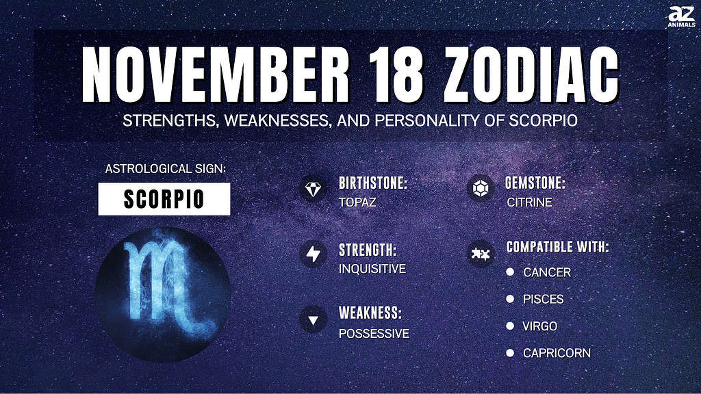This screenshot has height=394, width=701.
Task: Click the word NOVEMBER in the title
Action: coord(216,74)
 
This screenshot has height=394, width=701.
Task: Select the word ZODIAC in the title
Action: coord(531,74)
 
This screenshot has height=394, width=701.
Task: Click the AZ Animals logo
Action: coord(681,17)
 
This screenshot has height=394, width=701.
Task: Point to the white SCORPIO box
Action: coord(164,199)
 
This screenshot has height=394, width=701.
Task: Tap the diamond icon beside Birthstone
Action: coord(313,189)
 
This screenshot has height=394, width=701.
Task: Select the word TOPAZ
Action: coord(357,202)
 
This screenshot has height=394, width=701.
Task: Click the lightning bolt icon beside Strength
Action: coord(313,254)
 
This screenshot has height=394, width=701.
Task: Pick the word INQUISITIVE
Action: coord(372,268)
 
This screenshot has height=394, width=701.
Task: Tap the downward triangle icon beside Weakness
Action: coord(313,320)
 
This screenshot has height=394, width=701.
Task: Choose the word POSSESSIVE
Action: coord(374,334)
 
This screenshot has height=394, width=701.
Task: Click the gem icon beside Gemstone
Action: coord(481,189)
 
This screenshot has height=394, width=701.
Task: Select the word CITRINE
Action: coord(529,202)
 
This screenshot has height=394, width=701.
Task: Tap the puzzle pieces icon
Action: coord(481,254)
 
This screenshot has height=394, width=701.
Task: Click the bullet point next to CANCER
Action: coord(510,272)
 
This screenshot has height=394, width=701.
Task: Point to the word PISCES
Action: coord(543,299)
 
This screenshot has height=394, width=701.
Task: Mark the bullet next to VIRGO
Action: coord(510,326)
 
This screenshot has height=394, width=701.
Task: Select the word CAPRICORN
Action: coord(557,353)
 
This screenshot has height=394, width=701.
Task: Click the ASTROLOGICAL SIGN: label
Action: coord(166,168)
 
